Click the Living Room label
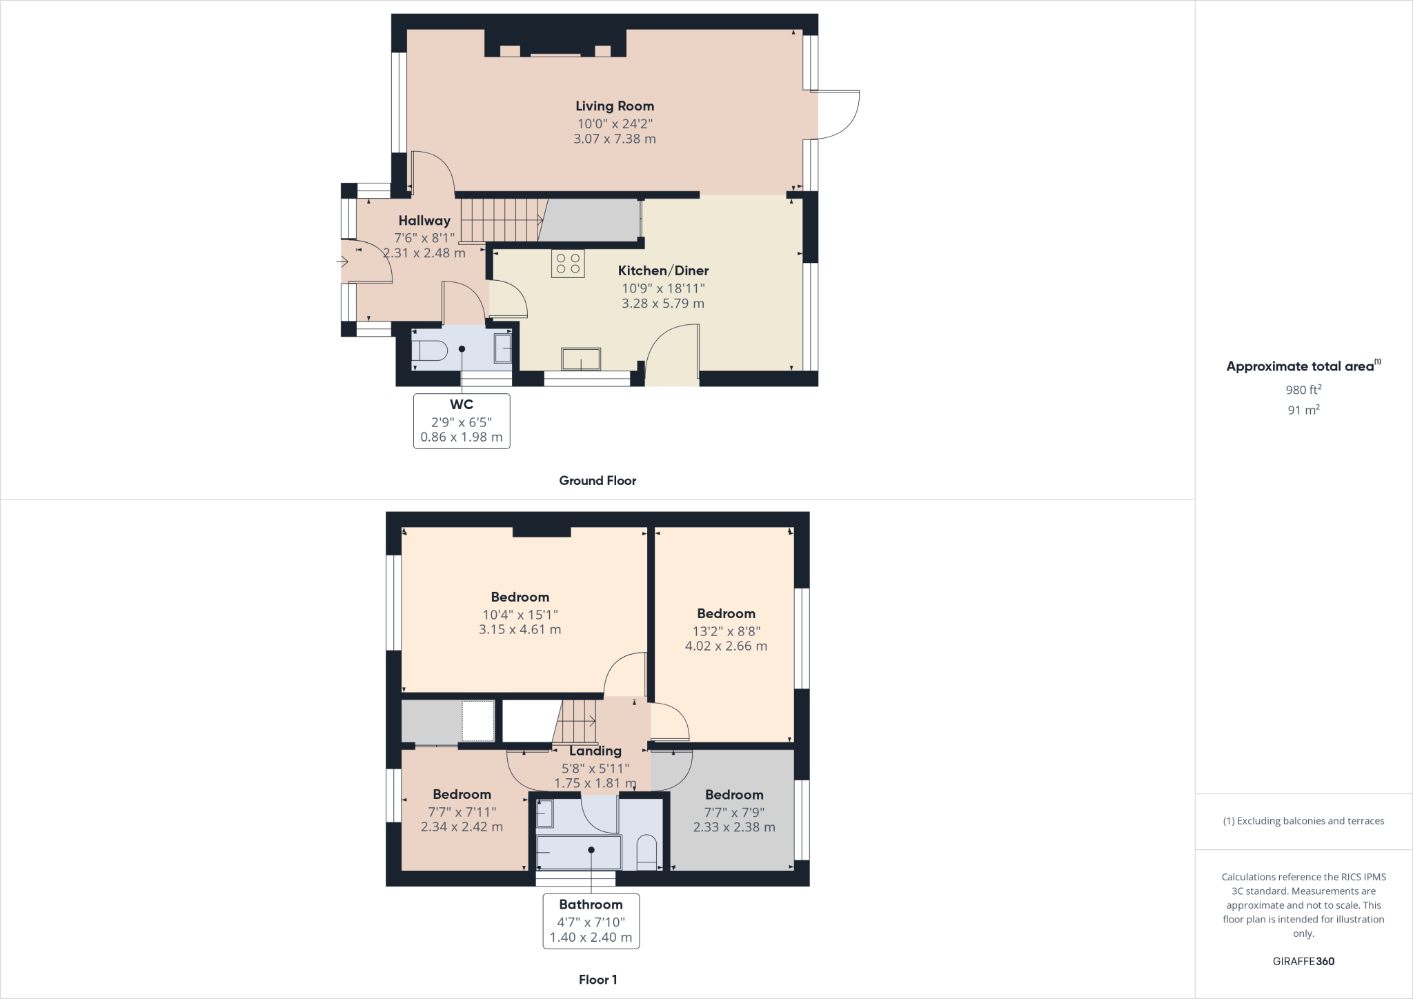point(615,106)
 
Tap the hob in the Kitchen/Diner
point(568,263)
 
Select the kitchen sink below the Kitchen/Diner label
point(581,359)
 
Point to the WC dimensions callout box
point(462,421)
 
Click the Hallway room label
point(424,221)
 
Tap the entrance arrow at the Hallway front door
point(342,261)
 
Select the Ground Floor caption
point(597,481)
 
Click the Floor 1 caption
point(597,980)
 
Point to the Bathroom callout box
point(591,921)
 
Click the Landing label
point(595,751)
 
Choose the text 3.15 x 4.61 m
point(520,630)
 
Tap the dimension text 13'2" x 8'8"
point(727,631)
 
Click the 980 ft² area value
point(1303,390)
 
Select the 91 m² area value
point(1303,411)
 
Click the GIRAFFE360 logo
point(1303,962)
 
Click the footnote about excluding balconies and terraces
point(1303,821)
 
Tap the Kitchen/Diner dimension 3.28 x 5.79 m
point(663,304)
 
